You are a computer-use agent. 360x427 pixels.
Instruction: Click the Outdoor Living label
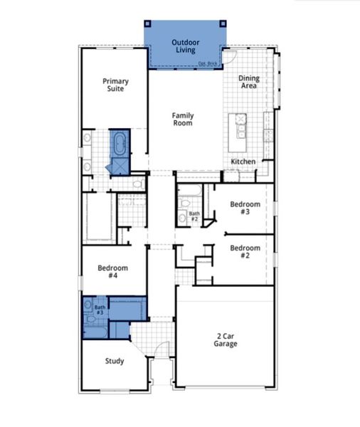(186, 47)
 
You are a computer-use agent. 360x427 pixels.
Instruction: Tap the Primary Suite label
(115, 85)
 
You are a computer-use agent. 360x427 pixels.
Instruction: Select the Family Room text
(183, 120)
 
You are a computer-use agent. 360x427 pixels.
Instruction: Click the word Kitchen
(243, 162)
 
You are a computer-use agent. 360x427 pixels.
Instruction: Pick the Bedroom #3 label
(244, 208)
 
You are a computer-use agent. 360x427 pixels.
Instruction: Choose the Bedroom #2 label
(244, 251)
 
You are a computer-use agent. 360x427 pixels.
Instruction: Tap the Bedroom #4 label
(112, 272)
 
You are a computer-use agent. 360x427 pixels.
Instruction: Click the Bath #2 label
(194, 216)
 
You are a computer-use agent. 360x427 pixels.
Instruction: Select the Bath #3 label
(99, 310)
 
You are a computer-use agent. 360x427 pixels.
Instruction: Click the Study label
(115, 361)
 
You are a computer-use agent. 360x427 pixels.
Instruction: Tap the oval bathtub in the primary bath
(119, 143)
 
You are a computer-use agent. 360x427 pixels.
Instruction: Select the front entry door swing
(163, 349)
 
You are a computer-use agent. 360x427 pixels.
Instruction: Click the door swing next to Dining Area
(231, 57)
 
